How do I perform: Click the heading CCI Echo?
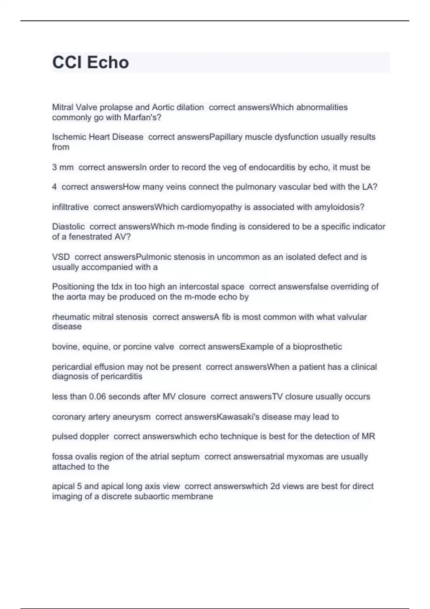coord(91,62)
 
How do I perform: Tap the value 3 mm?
coord(63,167)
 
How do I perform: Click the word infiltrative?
coord(70,207)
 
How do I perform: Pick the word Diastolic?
coord(68,227)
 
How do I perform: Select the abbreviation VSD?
coord(61,257)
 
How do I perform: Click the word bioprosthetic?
coord(317,347)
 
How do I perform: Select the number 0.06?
coord(97,397)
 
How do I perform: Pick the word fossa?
coord(62,457)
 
